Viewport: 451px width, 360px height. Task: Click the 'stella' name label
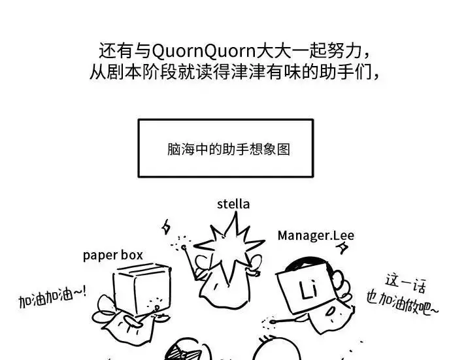tap(233, 205)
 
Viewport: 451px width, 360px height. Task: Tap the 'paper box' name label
tap(112, 255)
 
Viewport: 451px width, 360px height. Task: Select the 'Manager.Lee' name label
tap(316, 236)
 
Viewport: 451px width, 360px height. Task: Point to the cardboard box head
tap(142, 288)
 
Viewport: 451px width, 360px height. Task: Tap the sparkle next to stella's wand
tap(165, 227)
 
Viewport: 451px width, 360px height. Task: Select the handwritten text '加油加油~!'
tap(52, 297)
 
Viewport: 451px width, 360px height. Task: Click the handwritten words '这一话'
tap(405, 284)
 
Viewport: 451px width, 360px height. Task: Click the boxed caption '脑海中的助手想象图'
tap(229, 149)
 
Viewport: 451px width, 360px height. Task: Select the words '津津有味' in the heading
tap(266, 72)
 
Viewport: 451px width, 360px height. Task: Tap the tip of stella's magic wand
tap(184, 247)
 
